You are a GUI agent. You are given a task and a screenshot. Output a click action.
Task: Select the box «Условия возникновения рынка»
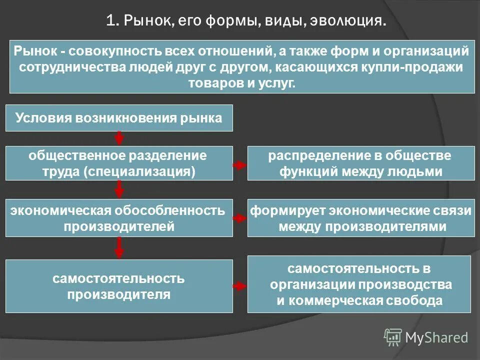pos(119,118)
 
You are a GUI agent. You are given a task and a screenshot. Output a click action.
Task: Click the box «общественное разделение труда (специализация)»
pos(119,163)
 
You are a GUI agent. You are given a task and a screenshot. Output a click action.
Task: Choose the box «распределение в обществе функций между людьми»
pos(360,163)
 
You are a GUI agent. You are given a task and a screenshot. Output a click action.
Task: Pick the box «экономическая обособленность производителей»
pos(119,218)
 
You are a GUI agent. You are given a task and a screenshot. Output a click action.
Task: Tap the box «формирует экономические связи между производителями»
pos(360,218)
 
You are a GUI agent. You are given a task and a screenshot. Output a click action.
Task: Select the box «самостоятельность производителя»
pos(119,286)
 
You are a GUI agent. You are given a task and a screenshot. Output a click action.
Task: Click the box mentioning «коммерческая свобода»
pos(359,284)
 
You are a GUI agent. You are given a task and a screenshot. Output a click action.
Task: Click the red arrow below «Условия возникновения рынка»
pos(119,138)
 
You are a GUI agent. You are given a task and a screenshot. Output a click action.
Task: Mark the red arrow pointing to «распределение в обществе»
pos(240,164)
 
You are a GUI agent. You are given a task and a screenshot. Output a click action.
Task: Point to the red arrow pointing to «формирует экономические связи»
pos(240,218)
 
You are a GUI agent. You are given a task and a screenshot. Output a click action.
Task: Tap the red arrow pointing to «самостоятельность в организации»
pos(240,286)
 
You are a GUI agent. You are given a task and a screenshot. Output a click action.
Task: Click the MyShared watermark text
pos(436,337)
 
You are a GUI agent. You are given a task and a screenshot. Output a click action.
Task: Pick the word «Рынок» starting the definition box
pos(31,50)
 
